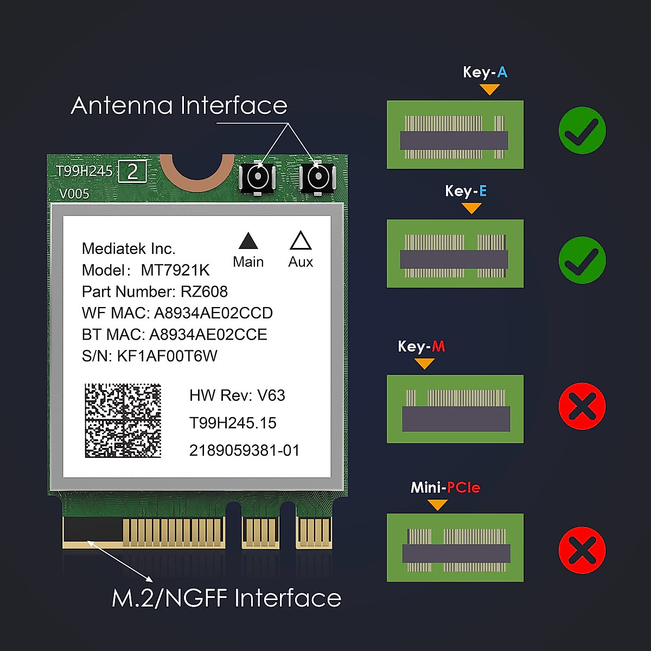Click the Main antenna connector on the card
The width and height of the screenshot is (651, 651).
[257, 178]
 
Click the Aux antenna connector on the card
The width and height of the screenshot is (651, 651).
[317, 178]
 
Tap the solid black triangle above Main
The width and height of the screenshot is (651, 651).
[248, 241]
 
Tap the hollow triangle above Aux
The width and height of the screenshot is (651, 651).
[301, 241]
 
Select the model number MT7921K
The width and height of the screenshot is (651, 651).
[175, 270]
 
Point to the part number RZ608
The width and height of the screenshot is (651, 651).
[204, 292]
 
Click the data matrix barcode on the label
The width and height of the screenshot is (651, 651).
[123, 420]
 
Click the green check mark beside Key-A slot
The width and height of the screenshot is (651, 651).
[582, 131]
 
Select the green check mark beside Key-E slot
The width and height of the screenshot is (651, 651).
[582, 260]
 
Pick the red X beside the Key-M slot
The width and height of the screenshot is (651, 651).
[582, 406]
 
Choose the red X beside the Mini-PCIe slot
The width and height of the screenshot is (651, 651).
[582, 550]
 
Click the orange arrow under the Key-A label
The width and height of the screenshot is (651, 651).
[490, 89]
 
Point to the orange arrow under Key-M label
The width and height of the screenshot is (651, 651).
[424, 363]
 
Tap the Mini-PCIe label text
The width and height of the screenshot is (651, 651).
[445, 488]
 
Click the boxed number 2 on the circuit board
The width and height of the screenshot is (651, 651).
[132, 172]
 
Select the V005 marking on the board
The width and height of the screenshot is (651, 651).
[74, 194]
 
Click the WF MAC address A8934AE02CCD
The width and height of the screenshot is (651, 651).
[213, 313]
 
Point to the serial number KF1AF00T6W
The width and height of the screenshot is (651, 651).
[167, 356]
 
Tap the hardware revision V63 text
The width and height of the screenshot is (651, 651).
[271, 395]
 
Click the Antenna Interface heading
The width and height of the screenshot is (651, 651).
[179, 106]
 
